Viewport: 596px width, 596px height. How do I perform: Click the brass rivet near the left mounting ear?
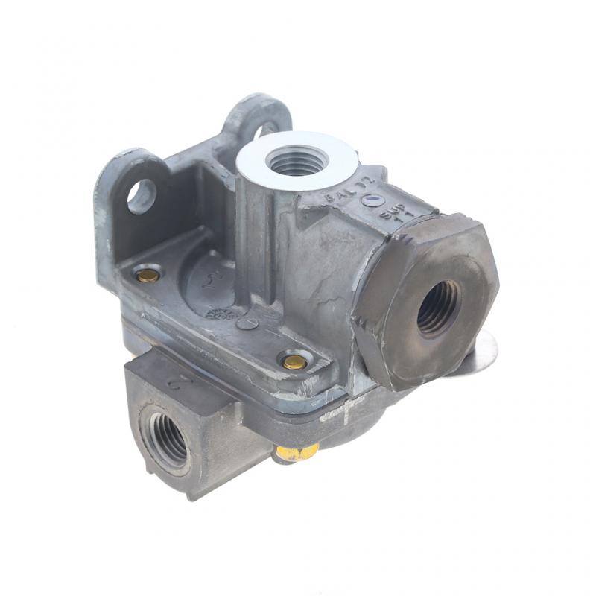pos(148,275)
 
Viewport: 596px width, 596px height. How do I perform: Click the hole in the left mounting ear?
pos(141,196)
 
